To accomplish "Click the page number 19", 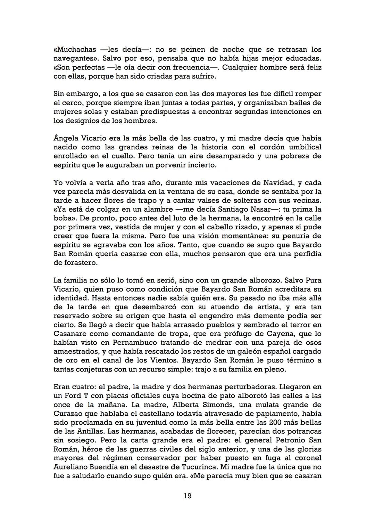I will click(x=187, y=496).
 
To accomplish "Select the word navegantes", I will click(x=73, y=58).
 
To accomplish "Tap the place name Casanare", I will click(x=72, y=334).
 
